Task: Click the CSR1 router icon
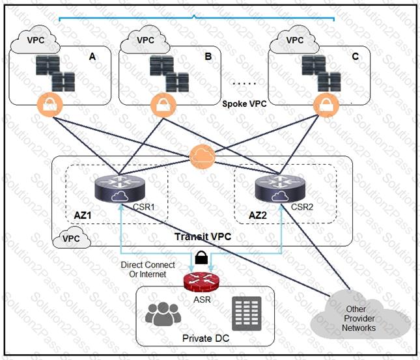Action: (x=120, y=189)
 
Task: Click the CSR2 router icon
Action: (x=280, y=188)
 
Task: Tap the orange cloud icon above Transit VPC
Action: (x=203, y=157)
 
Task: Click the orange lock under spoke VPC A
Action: (x=50, y=104)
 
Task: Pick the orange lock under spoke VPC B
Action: (x=163, y=105)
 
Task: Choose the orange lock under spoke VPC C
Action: (x=326, y=105)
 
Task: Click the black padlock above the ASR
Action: (x=201, y=258)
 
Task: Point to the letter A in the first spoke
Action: (x=92, y=57)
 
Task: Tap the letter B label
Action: (x=208, y=56)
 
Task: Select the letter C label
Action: (x=355, y=56)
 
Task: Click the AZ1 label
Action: (x=83, y=215)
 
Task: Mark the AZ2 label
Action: (x=258, y=215)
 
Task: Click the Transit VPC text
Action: (x=203, y=236)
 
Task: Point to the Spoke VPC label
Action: (x=244, y=104)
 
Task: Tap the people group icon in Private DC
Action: (x=163, y=314)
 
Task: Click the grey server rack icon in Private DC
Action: (x=246, y=313)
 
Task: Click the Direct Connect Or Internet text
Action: (x=148, y=270)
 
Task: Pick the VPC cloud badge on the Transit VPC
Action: (x=72, y=238)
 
